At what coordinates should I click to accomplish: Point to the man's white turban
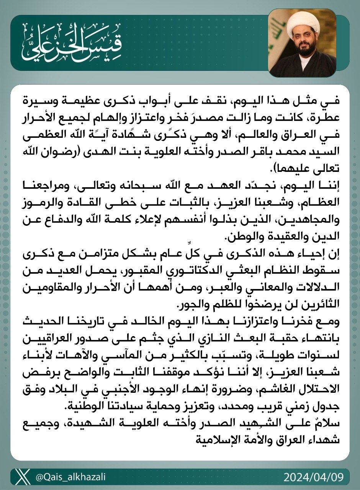pos(302,23)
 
